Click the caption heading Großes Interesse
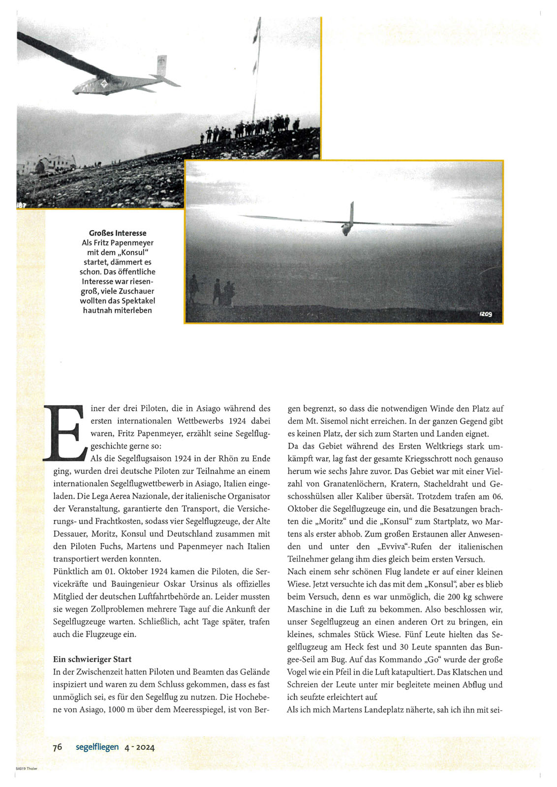coord(118,233)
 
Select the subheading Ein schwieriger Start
coord(92,659)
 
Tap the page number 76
coord(58,747)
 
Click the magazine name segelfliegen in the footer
coord(97,747)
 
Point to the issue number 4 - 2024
coord(140,747)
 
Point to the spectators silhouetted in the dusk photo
coord(217,292)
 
